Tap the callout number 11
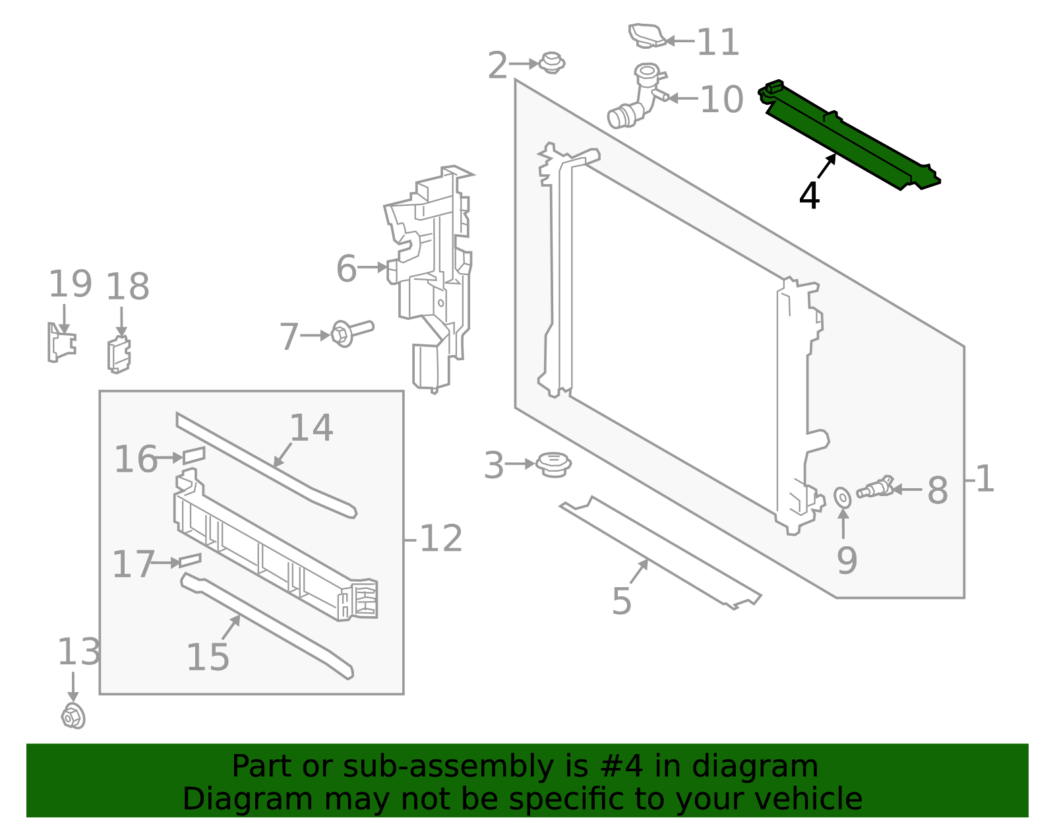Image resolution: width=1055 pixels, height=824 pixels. coord(718,42)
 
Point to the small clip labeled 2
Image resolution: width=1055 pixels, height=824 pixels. coord(552,63)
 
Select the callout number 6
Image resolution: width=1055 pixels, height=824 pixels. coord(346,269)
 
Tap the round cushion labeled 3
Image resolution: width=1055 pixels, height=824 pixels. coord(553,464)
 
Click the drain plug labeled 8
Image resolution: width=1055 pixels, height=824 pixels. coord(875,489)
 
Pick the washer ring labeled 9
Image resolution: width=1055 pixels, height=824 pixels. coord(842,498)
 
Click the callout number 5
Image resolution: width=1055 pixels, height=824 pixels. coord(621,601)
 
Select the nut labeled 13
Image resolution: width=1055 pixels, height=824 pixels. coord(73,716)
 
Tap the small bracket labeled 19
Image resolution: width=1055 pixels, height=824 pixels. coord(61,342)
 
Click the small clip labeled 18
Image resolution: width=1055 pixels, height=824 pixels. coord(119,354)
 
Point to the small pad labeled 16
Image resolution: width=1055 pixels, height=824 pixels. coord(194,455)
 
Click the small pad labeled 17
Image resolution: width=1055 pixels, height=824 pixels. coord(190,560)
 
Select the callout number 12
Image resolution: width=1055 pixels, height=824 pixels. coord(440,539)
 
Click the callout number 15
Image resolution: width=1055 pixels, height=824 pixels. coord(208,657)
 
